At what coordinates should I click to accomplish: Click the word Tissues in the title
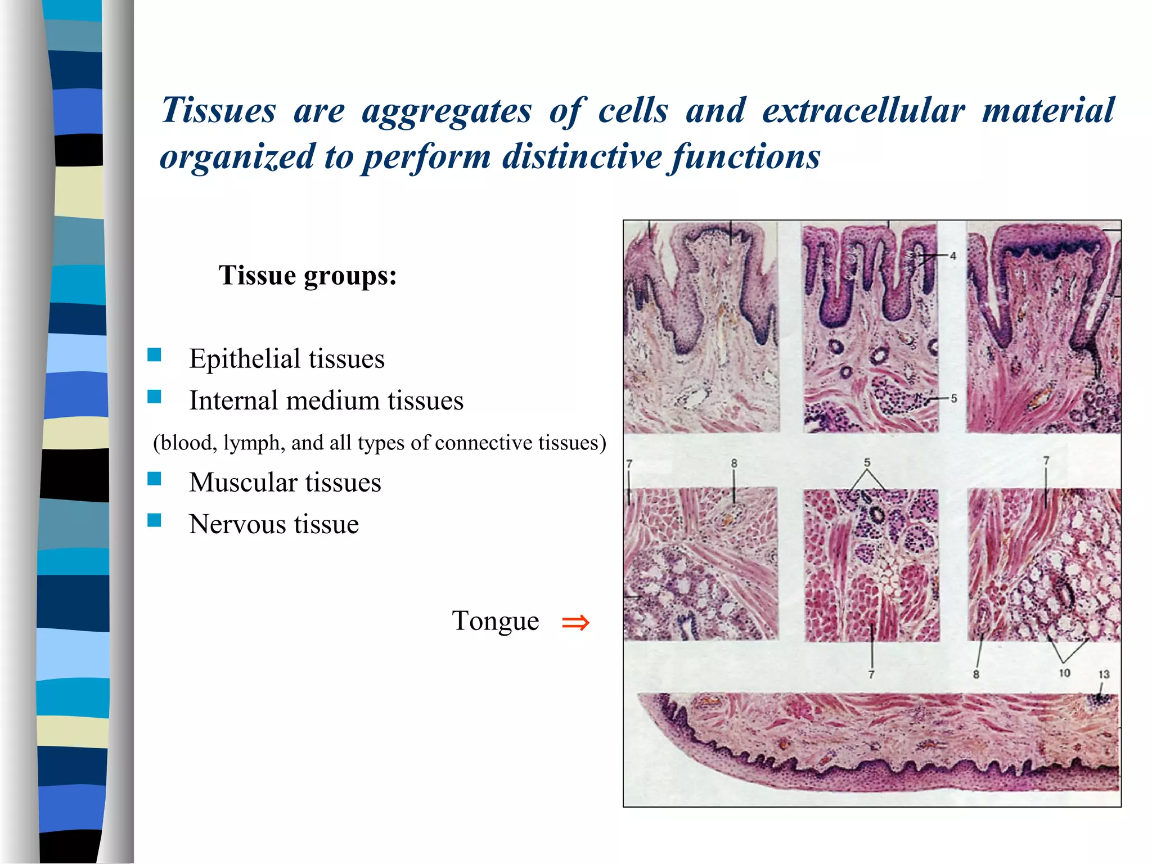(218, 110)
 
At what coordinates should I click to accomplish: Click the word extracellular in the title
(863, 110)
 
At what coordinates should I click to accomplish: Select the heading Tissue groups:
(308, 276)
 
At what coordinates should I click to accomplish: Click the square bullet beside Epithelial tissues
(154, 355)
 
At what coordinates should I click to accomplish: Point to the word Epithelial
(245, 359)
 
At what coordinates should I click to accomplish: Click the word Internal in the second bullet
(233, 400)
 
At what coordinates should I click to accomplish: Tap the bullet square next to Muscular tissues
(154, 479)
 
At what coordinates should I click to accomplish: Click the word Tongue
(495, 621)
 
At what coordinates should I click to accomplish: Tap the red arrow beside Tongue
(575, 623)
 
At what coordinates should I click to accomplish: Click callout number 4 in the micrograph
(953, 256)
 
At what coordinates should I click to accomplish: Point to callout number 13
(1104, 674)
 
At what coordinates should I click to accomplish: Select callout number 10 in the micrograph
(1064, 673)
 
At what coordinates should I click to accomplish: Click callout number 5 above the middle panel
(867, 462)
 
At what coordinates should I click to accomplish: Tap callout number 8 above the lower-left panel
(734, 463)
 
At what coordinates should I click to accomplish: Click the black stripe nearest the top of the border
(79, 150)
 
